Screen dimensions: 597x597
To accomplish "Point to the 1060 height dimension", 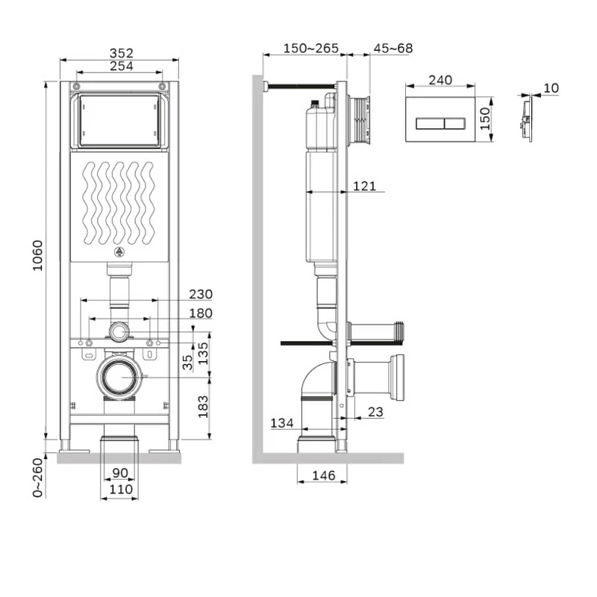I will click(39, 256).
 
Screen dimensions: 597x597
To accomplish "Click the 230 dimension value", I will click(200, 294).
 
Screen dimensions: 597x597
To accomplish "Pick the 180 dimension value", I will click(200, 313).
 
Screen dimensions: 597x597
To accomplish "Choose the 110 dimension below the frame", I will click(119, 490).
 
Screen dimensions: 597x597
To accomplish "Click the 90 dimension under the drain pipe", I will click(119, 474).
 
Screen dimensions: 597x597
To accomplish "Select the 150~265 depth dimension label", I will click(310, 49).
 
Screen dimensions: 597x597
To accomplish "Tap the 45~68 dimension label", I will click(393, 49).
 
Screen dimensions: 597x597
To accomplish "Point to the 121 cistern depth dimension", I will click(364, 186).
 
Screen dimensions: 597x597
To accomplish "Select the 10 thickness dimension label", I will click(551, 88).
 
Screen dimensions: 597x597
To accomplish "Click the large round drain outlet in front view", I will click(119, 377).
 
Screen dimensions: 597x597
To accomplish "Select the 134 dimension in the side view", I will click(281, 423).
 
